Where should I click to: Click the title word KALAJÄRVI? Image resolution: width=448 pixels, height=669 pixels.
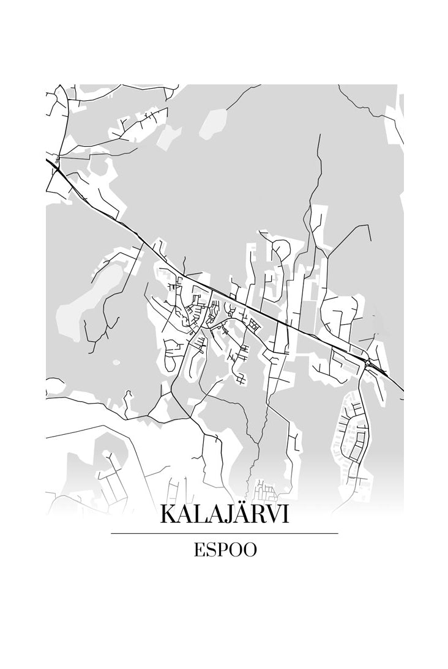pyautogui.click(x=224, y=514)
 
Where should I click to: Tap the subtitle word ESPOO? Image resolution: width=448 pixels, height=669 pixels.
pyautogui.click(x=225, y=550)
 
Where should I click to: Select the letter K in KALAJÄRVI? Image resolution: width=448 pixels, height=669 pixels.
pyautogui.click(x=170, y=514)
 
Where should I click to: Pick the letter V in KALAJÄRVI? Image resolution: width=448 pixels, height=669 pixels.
pyautogui.click(x=274, y=514)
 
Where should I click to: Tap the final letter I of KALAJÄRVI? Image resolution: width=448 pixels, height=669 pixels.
pyautogui.click(x=286, y=514)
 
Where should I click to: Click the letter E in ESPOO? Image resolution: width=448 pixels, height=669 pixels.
pyautogui.click(x=198, y=550)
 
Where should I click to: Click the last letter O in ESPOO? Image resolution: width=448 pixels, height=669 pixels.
pyautogui.click(x=250, y=550)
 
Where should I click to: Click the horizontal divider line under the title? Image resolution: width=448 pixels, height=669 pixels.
pyautogui.click(x=224, y=533)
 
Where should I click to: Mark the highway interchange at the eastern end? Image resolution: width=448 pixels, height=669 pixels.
pyautogui.click(x=368, y=363)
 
